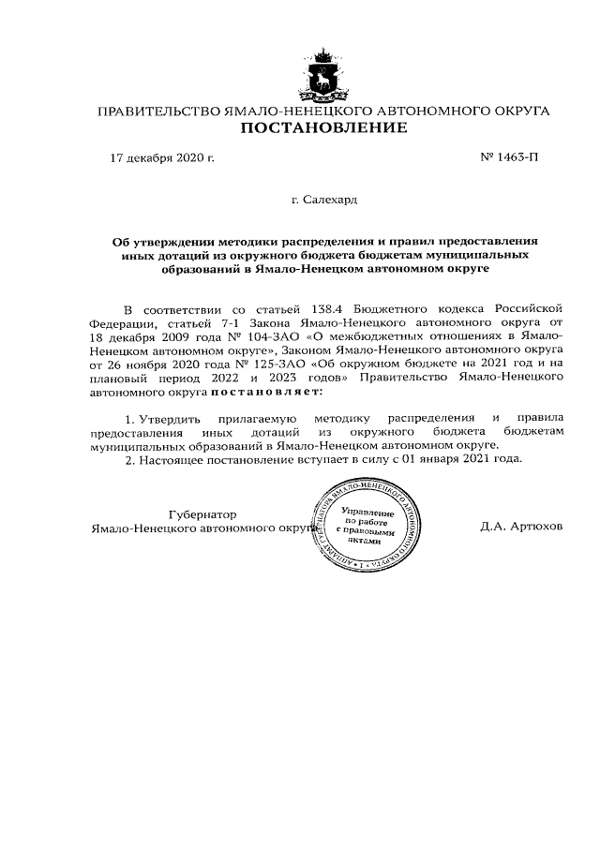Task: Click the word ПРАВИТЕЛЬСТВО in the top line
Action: pyautogui.click(x=160, y=112)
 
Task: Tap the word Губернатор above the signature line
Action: pyautogui.click(x=202, y=514)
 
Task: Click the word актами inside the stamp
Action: pyautogui.click(x=367, y=541)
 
